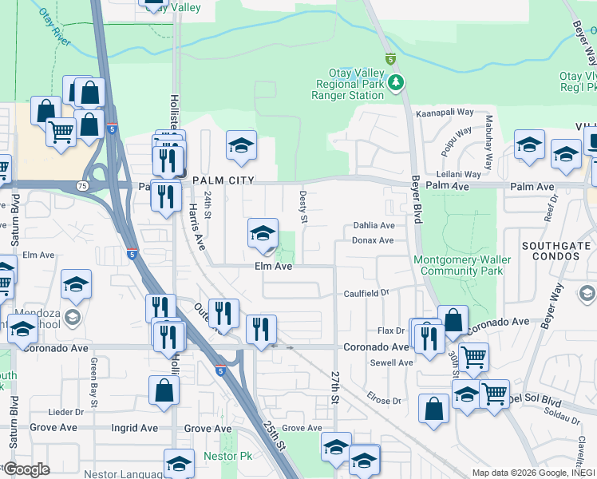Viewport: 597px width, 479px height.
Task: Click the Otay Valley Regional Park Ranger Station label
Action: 350,84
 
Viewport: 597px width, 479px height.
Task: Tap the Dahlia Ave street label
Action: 374,227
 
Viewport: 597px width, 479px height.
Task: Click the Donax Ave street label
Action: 374,240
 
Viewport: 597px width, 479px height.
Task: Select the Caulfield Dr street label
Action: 366,293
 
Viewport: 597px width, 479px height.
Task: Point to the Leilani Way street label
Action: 458,174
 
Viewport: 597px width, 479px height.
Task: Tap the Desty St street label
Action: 303,201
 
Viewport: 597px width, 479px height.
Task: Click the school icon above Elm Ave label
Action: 263,234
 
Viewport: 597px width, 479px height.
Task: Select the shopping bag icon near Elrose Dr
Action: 433,409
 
